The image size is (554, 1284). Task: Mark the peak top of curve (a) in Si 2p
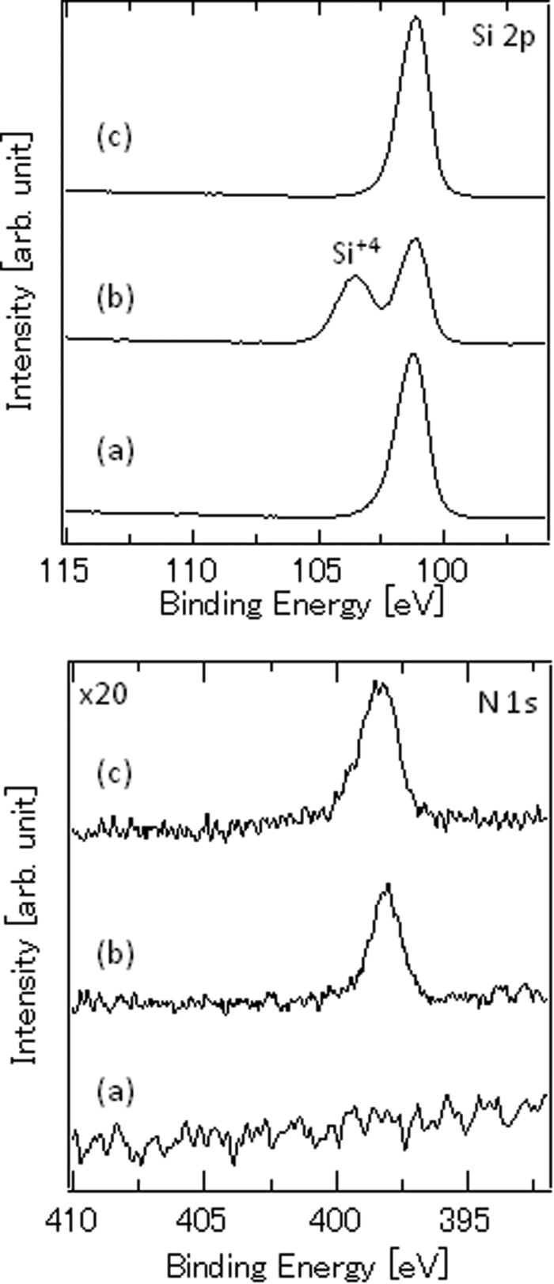click(x=412, y=355)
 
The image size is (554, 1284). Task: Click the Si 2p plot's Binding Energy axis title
click(x=301, y=604)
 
